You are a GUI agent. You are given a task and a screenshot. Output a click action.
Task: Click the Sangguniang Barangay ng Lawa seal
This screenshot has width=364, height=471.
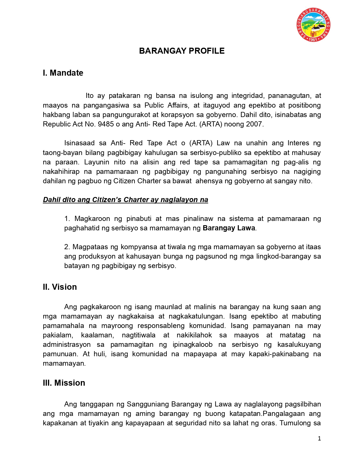(x=313, y=25)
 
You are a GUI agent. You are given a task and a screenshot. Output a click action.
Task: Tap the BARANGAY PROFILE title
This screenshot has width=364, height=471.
(x=182, y=51)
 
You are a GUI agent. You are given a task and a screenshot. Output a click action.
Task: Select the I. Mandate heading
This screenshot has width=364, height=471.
(x=63, y=73)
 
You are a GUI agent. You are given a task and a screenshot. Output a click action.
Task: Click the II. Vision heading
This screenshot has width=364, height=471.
(x=60, y=287)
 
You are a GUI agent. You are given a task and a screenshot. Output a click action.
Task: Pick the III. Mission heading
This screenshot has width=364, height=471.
(x=64, y=383)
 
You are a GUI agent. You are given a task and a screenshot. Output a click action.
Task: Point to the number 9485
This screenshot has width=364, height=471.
(x=106, y=124)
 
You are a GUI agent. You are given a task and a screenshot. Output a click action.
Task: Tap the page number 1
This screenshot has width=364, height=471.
(x=319, y=438)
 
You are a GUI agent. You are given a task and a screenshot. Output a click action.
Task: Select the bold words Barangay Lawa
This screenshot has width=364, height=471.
(x=229, y=228)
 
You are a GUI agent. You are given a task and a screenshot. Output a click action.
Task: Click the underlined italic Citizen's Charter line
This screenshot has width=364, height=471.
(x=125, y=200)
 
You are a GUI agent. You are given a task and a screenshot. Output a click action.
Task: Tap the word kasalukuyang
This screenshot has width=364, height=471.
(x=299, y=345)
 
